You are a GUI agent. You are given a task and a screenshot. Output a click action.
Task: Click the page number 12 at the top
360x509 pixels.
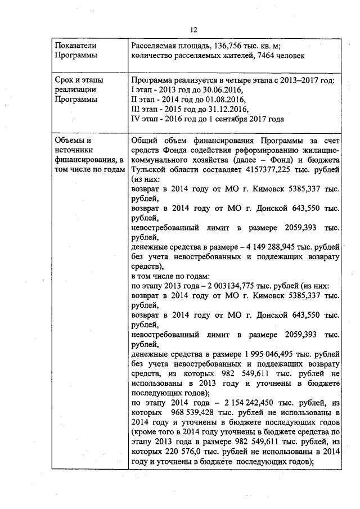pos(193,30)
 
